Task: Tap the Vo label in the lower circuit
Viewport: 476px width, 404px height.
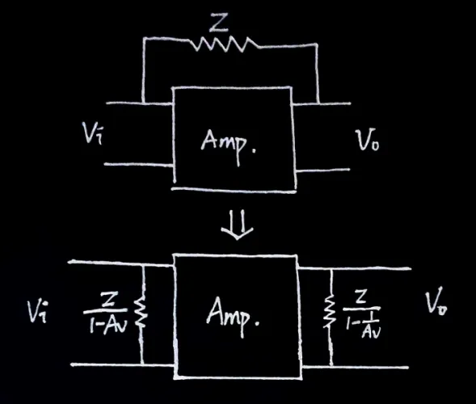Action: click(436, 303)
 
